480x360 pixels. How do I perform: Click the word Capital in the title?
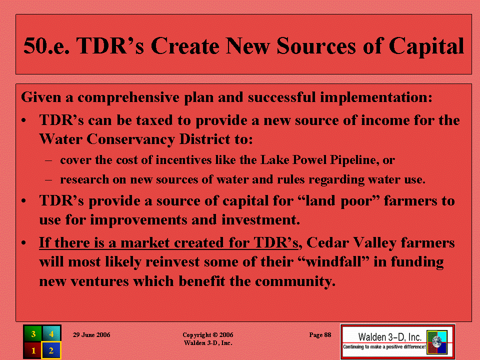pos(426,46)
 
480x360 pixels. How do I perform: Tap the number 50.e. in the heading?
pos(46,46)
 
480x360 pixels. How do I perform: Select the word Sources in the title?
pos(316,46)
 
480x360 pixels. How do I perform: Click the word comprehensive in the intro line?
pos(128,98)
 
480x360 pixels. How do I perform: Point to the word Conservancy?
pos(130,139)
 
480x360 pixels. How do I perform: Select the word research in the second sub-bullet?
pos(84,179)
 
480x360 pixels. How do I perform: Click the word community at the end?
pos(295,281)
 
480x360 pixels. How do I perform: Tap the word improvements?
pos(138,220)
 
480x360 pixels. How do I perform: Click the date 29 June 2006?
pos(91,335)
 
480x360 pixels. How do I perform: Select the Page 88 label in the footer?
pos(320,335)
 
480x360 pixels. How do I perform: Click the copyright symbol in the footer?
pos(215,335)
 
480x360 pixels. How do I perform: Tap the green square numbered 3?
pos(33,333)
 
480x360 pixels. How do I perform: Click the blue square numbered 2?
pos(51,350)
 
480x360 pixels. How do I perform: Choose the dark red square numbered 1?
pos(33,350)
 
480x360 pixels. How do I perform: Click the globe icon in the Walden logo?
pos(437,342)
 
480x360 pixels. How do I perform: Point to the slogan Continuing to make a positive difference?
pos(384,347)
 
